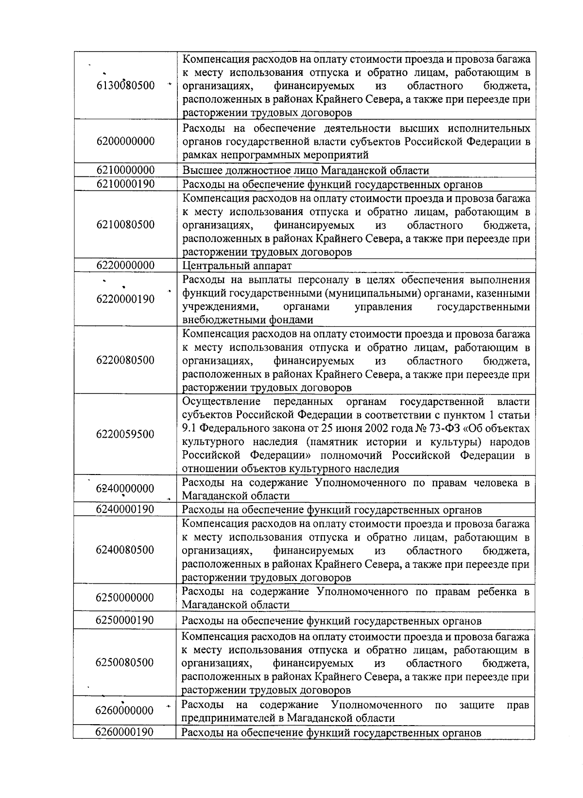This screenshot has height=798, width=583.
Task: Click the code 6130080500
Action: point(125,86)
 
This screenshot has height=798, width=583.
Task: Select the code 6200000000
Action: point(125,141)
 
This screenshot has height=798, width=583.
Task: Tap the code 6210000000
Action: point(125,170)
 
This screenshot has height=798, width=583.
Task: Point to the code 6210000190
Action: point(125,184)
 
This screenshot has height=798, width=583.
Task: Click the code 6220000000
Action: point(125,265)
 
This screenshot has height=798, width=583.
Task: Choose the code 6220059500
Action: point(125,434)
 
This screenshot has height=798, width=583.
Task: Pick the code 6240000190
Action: point(125,509)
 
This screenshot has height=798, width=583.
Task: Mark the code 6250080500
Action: point(125,663)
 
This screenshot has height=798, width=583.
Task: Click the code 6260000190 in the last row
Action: point(125,732)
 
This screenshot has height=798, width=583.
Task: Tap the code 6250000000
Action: point(125,597)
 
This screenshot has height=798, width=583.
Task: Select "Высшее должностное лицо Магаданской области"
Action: point(306,170)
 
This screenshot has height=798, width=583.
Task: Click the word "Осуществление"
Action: point(222,402)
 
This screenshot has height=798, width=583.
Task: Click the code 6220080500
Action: point(125,360)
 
